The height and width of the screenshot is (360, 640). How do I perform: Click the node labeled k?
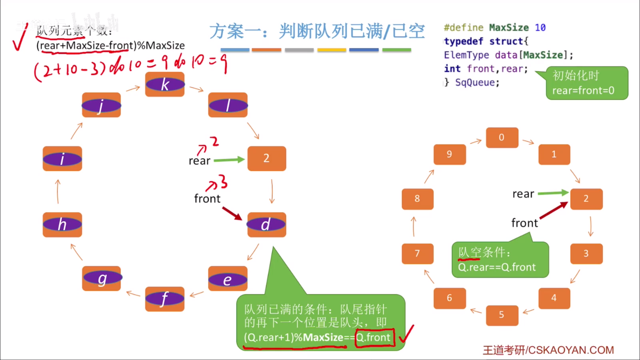165,84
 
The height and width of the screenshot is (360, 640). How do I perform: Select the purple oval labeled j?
101,105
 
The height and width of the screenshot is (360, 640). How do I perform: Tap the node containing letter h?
62,224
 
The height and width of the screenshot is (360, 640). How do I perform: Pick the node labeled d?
266,224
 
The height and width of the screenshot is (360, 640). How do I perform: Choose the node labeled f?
165,299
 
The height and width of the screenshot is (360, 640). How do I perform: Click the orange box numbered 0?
502,137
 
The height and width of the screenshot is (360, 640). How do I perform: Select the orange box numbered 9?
449,154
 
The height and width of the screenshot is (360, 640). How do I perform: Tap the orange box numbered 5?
502,315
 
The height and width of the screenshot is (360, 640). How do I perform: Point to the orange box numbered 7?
417,254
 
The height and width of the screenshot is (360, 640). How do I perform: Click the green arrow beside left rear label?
229,160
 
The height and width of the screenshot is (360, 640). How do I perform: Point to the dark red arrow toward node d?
232,213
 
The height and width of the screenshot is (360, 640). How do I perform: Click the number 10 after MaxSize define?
540,27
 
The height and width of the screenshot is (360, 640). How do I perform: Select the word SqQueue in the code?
477,82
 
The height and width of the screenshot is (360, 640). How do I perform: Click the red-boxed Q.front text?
374,338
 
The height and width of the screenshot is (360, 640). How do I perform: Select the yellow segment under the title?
331,50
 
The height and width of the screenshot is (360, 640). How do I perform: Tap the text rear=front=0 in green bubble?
583,90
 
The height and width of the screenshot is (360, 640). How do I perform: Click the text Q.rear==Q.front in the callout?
497,267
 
